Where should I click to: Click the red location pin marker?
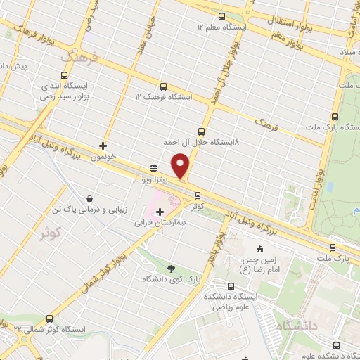[181, 166]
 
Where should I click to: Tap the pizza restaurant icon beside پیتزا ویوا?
[153, 167]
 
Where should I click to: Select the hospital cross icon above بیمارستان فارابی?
[160, 212]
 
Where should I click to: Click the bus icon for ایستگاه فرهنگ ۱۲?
[163, 86]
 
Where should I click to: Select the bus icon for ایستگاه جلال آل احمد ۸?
[202, 131]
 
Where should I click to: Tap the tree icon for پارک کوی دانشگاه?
[172, 268]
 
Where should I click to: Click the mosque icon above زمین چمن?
[259, 249]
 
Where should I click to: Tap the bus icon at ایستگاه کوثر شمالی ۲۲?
[49, 318]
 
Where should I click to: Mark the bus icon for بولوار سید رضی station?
[65, 76]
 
